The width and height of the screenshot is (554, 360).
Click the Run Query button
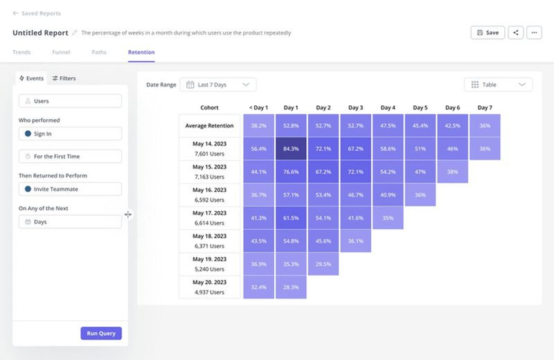click(101, 333)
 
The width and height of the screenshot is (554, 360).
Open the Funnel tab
click(60, 52)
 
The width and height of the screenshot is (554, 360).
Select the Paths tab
click(99, 52)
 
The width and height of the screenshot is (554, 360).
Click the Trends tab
click(21, 52)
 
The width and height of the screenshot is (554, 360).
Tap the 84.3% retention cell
click(291, 148)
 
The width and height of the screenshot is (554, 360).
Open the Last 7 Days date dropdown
click(217, 84)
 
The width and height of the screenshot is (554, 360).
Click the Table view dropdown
click(498, 84)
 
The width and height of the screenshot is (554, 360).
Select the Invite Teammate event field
click(70, 189)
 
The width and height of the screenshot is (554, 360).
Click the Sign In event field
click(70, 134)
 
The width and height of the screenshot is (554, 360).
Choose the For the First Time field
click(70, 156)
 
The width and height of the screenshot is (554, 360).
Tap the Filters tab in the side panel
click(64, 78)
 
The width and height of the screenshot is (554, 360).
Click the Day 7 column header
click(485, 107)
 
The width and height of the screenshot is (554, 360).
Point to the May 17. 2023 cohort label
click(209, 213)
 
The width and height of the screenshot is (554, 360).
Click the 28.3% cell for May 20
click(291, 287)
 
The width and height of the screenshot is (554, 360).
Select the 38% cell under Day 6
click(452, 172)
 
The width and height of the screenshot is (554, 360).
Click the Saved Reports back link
click(37, 13)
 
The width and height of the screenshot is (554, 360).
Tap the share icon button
click(515, 33)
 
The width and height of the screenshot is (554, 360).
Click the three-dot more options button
click(534, 33)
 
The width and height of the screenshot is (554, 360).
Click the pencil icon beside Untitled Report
click(75, 33)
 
